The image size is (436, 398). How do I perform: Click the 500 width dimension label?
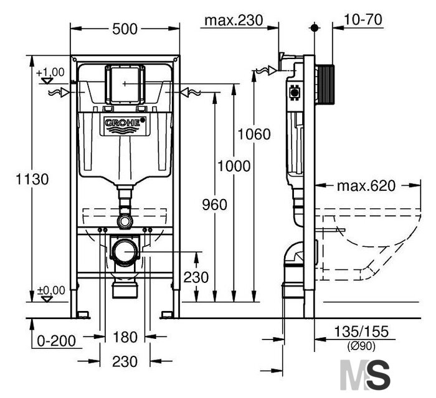[125, 29]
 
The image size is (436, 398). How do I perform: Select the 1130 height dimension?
[32, 179]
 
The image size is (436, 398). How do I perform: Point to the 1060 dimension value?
[254, 134]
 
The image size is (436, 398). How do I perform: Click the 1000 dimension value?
[234, 166]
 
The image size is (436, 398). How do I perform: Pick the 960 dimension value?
[214, 205]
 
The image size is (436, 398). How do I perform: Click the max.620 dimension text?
[366, 186]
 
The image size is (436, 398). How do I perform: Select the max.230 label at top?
[234, 21]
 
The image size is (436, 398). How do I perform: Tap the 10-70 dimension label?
[363, 20]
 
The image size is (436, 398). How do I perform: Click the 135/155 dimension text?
[361, 331]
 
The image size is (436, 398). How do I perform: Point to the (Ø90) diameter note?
[361, 346]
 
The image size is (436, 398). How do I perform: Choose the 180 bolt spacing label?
[125, 337]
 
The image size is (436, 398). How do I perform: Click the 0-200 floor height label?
[56, 341]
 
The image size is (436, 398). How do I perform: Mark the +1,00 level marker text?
[50, 72]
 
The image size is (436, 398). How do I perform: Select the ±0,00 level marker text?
[51, 290]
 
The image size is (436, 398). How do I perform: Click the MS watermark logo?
[365, 375]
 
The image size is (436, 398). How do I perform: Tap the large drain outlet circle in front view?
[125, 252]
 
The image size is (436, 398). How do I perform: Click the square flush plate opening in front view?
[125, 83]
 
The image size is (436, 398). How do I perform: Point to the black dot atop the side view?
[314, 28]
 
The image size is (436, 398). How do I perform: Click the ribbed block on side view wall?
[325, 85]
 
